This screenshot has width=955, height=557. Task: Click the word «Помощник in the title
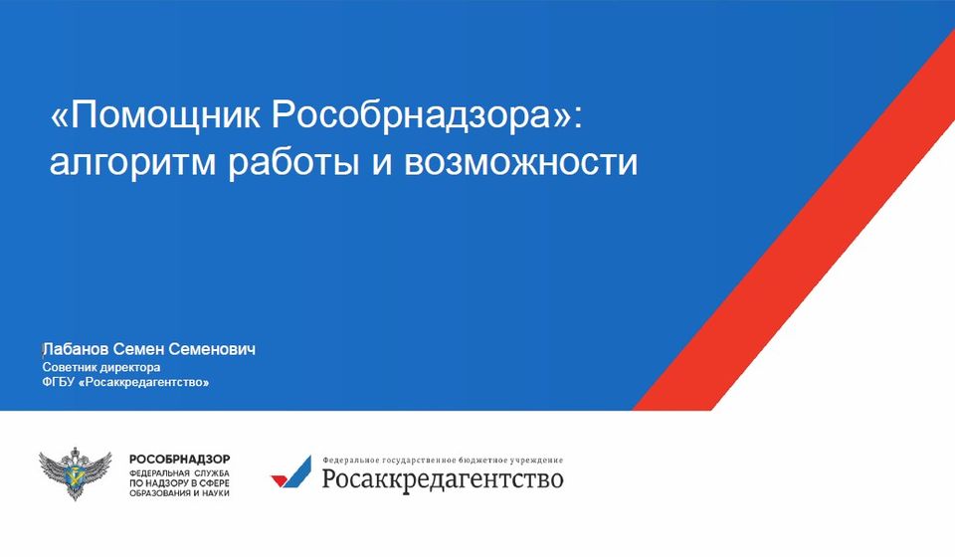point(155,113)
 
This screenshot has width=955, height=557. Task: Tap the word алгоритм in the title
point(132,162)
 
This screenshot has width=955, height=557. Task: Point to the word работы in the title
point(293,162)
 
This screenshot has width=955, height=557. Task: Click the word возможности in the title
point(520,162)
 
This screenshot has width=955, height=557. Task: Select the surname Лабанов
point(76,349)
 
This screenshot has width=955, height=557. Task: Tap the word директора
point(129,368)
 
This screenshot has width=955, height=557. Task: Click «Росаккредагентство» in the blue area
point(144,382)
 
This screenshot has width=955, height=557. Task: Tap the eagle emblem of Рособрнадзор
point(76,473)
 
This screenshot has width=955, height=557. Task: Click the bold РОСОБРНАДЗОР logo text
point(180,459)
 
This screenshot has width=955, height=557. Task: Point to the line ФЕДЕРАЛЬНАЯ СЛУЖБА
point(179,473)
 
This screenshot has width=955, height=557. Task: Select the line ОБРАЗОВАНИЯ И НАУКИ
point(179,492)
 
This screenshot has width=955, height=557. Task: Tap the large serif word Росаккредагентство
point(443,478)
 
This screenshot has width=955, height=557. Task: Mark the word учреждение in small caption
point(537,461)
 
